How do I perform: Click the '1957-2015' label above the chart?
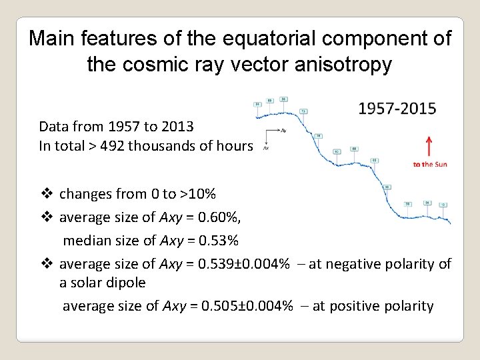click(x=397, y=108)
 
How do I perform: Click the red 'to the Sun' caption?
click(x=429, y=164)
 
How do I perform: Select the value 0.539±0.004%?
click(x=240, y=264)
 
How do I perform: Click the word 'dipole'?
click(x=125, y=282)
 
